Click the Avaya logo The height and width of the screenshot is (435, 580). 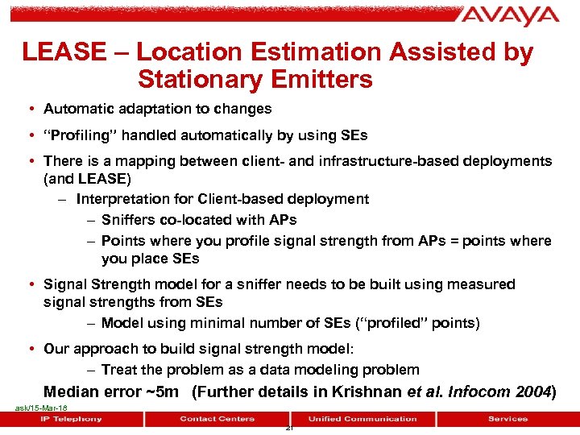(509, 16)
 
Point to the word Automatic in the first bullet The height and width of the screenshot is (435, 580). (77, 109)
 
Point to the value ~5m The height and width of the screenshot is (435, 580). (162, 392)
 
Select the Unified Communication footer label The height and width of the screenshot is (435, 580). (362, 419)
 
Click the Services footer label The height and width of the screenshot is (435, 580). (507, 419)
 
